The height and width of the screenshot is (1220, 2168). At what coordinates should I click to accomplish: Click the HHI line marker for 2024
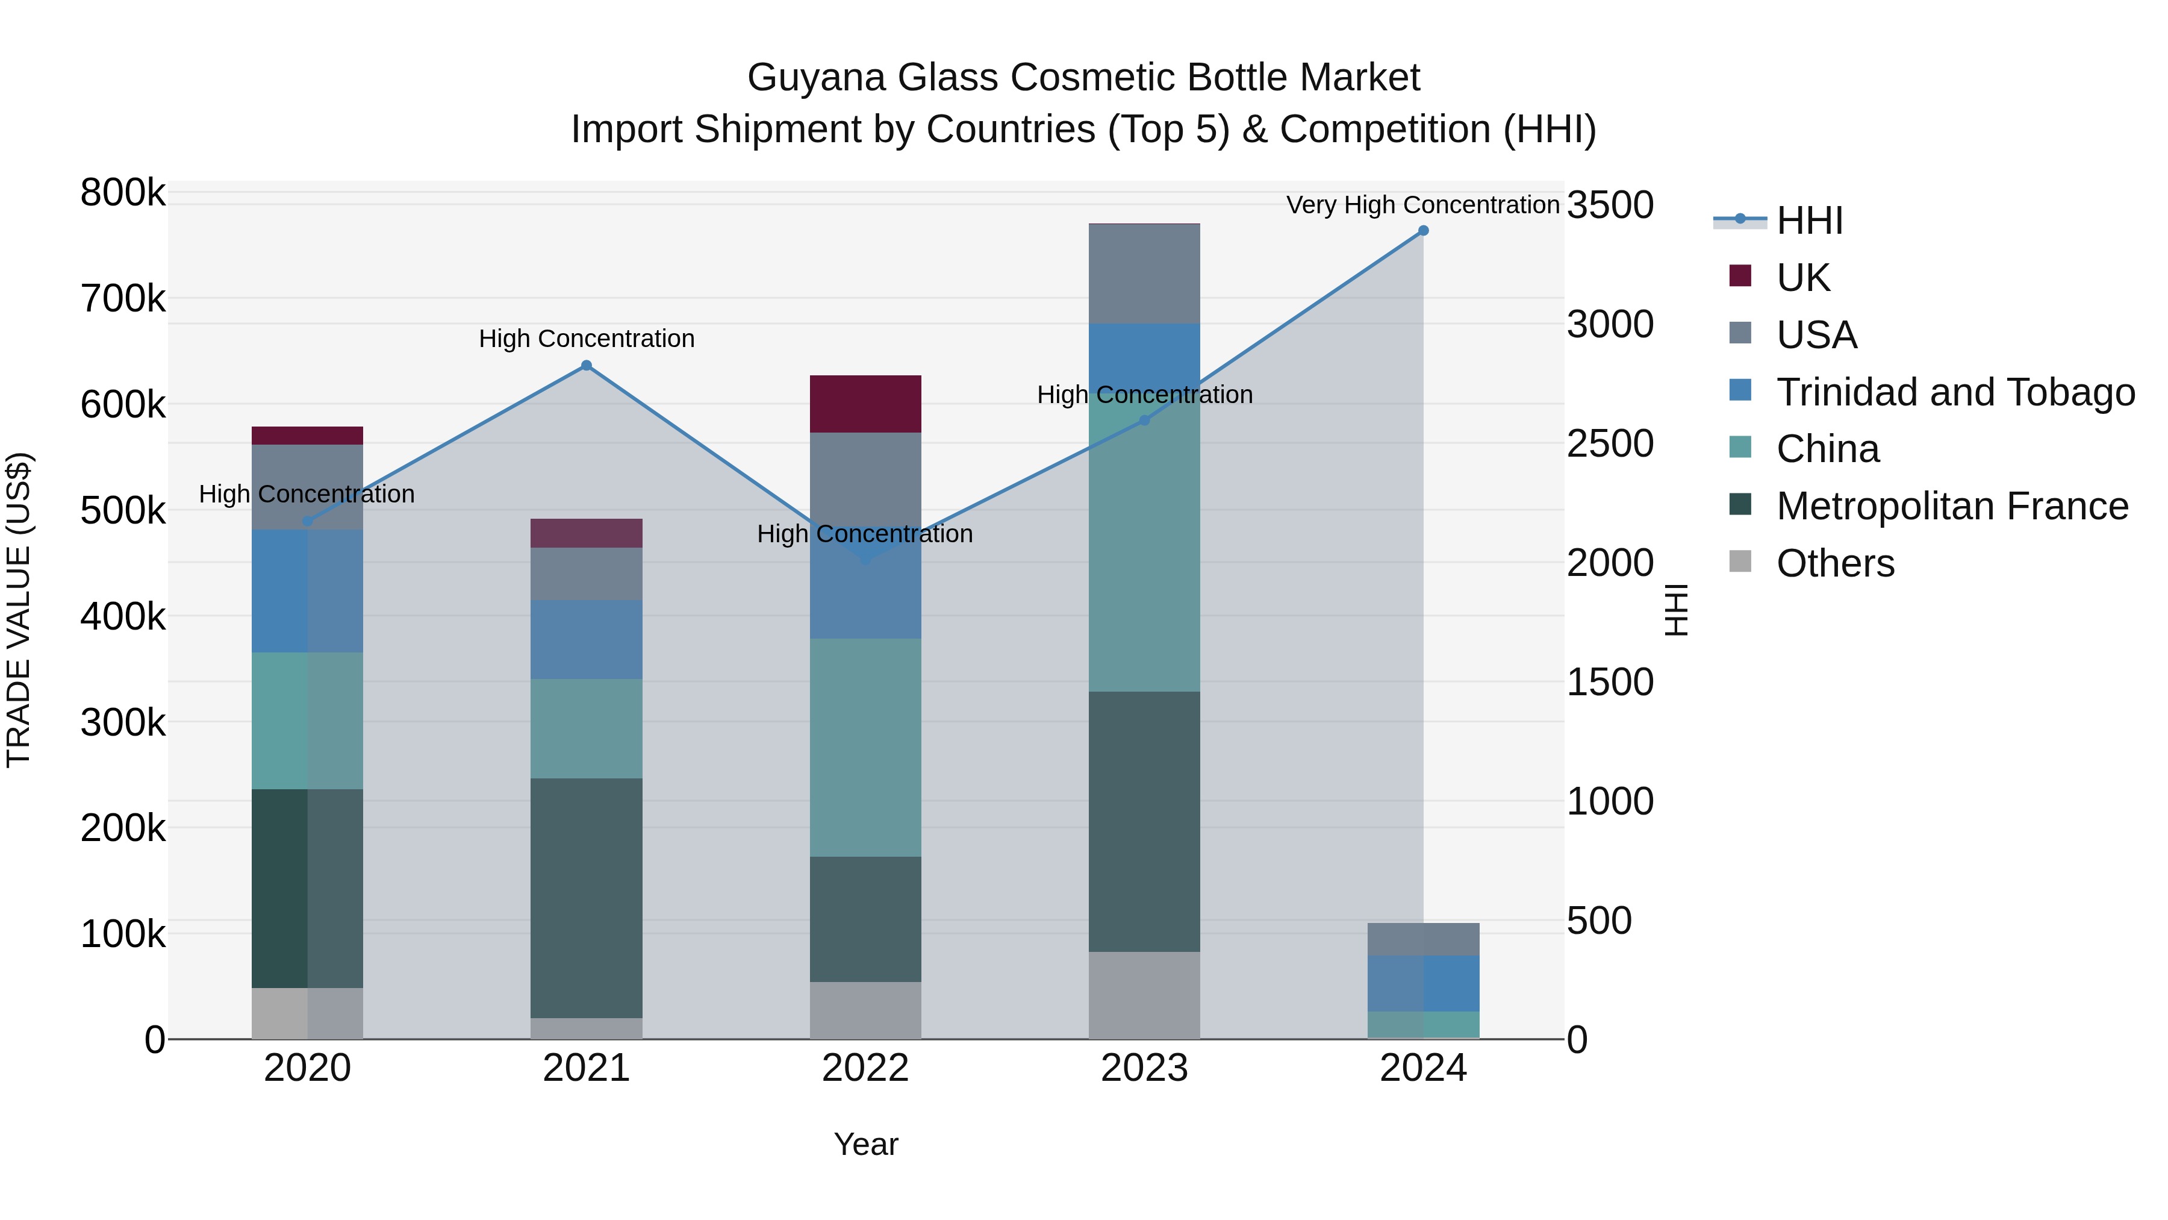[x=1423, y=231]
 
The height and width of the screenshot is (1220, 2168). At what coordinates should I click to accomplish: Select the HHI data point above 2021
[x=587, y=366]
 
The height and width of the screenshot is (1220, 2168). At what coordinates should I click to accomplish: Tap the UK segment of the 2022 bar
[x=865, y=404]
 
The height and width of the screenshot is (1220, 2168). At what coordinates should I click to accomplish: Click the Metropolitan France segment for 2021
[x=587, y=898]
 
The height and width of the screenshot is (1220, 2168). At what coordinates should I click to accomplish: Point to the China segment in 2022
[x=865, y=748]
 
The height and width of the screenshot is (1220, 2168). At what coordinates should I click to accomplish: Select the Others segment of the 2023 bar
[x=1144, y=995]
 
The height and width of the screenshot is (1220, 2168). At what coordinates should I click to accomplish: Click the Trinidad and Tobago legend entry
[x=1955, y=392]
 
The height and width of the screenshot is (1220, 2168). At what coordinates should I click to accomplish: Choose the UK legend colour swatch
[x=1740, y=276]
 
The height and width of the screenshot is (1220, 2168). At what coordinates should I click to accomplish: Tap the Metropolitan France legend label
[x=1952, y=506]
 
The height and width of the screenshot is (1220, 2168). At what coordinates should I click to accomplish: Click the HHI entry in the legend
[x=1810, y=221]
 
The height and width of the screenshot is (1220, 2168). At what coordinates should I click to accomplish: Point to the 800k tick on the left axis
[x=123, y=193]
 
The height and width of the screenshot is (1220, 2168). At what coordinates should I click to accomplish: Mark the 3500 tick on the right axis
[x=1610, y=205]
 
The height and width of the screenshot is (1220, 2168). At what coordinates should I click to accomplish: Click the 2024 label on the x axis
[x=1423, y=1068]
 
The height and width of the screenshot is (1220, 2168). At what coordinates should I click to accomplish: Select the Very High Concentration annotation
[x=1422, y=205]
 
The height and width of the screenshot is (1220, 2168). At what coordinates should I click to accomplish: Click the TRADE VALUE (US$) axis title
[x=19, y=610]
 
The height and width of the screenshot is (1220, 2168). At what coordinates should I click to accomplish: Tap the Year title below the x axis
[x=866, y=1144]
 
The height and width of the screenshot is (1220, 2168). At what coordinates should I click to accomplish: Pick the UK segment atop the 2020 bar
[x=307, y=436]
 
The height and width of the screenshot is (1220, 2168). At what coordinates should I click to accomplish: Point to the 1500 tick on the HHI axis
[x=1610, y=682]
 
